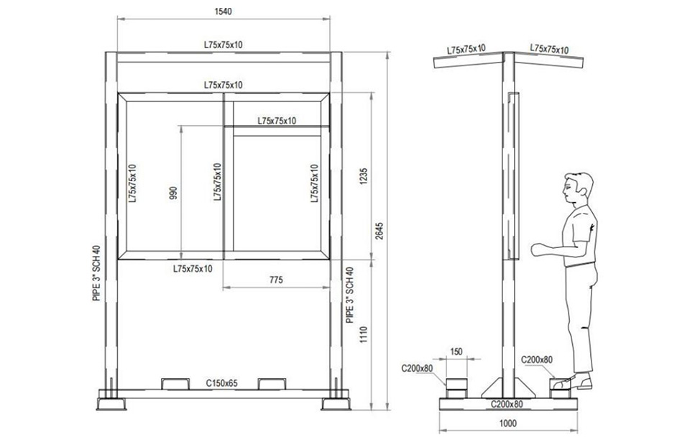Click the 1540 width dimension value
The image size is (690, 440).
(223, 12)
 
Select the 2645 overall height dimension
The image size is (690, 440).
(379, 231)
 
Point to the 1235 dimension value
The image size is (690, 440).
(364, 176)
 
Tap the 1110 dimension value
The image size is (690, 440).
(364, 335)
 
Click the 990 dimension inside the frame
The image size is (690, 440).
(173, 193)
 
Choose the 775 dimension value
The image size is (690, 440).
(276, 280)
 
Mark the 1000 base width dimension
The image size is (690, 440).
(508, 423)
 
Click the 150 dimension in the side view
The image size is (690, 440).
(456, 351)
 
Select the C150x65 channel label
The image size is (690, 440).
(222, 383)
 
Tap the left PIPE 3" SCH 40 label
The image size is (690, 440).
(96, 272)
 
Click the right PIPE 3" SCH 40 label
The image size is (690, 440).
(350, 295)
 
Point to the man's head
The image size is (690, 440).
(578, 188)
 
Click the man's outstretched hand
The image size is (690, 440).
(538, 249)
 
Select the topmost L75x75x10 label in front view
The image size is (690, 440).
(223, 45)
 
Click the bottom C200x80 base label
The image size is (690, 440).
(507, 404)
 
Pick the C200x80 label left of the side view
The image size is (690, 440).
(417, 368)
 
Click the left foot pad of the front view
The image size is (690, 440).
(111, 404)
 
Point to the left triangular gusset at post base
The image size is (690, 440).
(492, 388)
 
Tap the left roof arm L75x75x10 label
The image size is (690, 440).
(466, 49)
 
